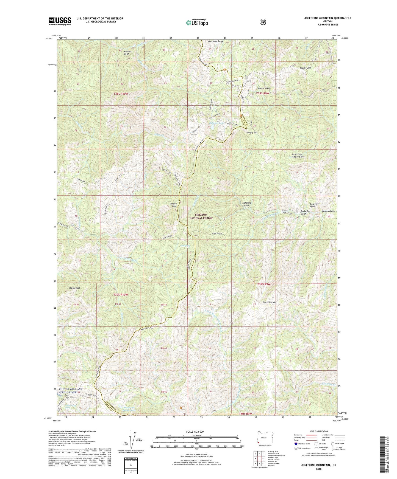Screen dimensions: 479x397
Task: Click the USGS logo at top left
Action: (x=60, y=21)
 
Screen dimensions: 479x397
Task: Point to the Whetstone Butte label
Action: (x=215, y=41)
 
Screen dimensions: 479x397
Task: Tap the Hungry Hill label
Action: (x=252, y=133)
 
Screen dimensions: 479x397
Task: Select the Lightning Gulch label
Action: (x=246, y=204)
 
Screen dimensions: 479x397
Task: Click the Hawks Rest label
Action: (x=74, y=288)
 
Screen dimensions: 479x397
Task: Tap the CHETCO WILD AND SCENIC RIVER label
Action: (x=70, y=391)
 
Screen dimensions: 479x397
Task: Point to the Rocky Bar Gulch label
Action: (x=305, y=212)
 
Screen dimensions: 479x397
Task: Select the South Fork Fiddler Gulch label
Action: (x=298, y=156)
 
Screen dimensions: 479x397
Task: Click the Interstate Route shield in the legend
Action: (x=296, y=444)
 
